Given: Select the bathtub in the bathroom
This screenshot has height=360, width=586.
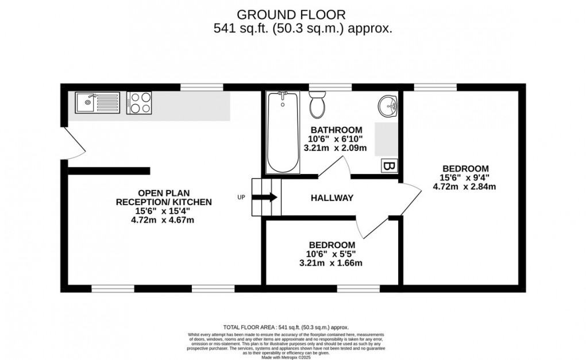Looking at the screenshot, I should tap(283, 132).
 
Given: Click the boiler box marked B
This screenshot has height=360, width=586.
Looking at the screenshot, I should tap(389, 167).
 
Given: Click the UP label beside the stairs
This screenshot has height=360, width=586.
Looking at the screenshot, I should tap(241, 198).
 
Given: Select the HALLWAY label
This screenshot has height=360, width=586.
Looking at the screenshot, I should tap(332, 198).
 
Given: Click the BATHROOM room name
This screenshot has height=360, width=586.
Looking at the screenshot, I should tap(336, 130).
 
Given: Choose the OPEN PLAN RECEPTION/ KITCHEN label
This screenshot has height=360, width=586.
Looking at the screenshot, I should tap(164, 198).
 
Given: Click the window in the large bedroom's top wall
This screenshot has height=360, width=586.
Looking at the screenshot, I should tap(435, 87).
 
